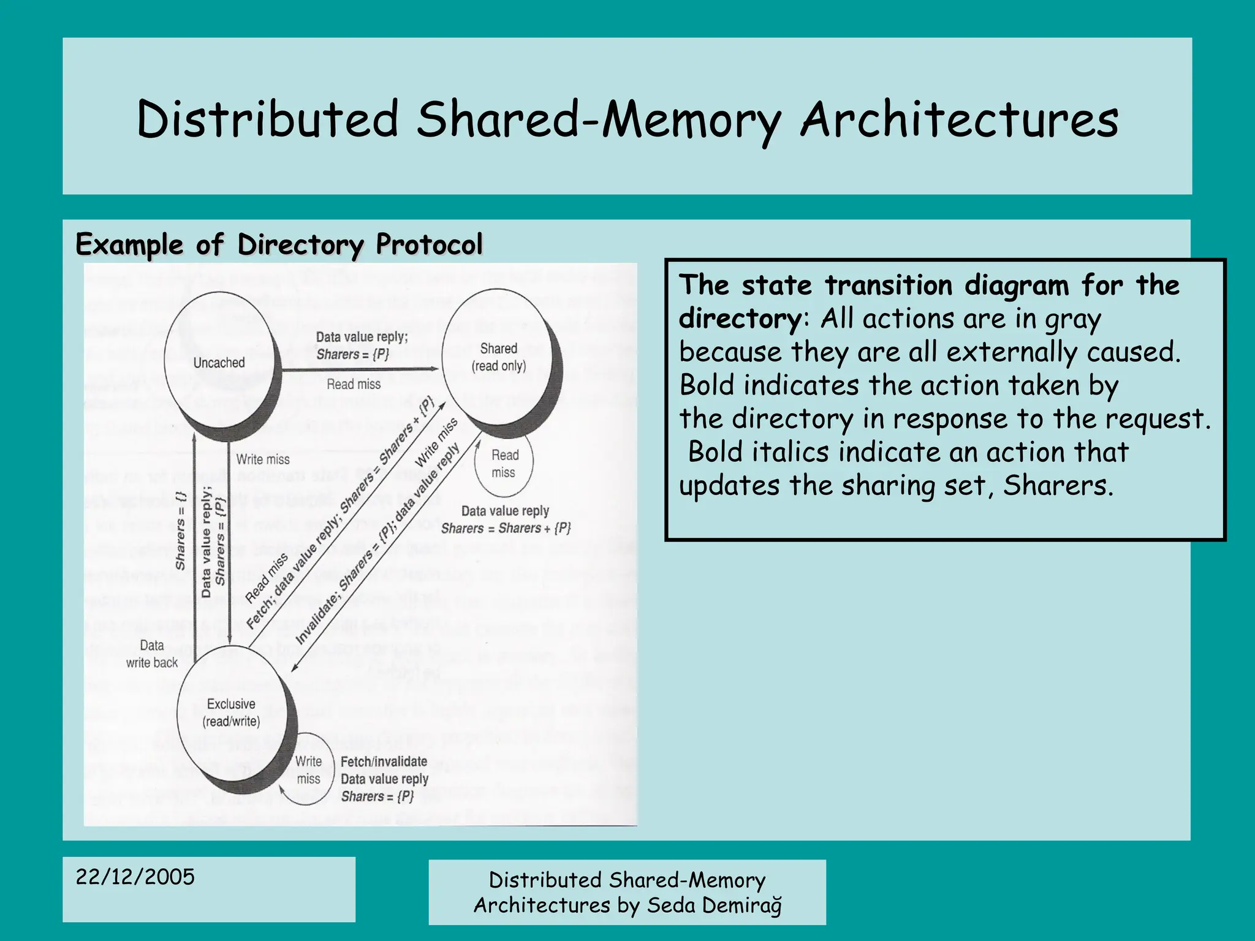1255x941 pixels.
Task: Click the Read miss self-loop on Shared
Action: click(x=504, y=464)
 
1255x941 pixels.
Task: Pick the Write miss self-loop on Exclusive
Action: click(x=308, y=770)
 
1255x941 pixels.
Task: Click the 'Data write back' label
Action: click(x=152, y=654)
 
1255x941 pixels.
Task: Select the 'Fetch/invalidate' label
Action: click(x=384, y=761)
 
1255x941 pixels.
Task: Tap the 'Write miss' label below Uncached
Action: click(x=263, y=459)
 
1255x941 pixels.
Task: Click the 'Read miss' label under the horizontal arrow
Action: click(x=354, y=384)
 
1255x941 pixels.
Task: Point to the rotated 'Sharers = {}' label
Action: click(x=180, y=530)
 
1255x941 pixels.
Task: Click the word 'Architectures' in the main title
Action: click(x=960, y=119)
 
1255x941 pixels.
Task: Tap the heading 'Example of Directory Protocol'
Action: click(x=279, y=244)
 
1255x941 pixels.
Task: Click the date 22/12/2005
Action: click(x=135, y=877)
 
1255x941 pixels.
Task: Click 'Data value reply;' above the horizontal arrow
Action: click(x=362, y=336)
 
